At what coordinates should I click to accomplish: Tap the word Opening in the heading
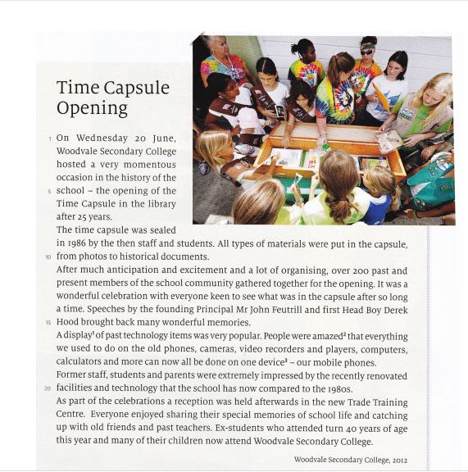(93, 108)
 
